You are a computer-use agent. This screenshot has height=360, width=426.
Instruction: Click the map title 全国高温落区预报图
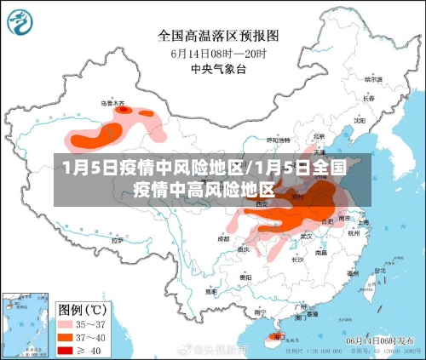218,36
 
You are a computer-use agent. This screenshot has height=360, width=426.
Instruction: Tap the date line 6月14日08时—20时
218,52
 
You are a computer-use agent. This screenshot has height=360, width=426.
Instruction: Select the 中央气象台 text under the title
218,67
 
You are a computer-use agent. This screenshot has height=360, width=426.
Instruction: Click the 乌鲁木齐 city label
112,103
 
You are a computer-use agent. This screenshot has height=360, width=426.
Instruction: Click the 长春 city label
368,98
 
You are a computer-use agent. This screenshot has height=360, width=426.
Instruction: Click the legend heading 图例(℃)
82,308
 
